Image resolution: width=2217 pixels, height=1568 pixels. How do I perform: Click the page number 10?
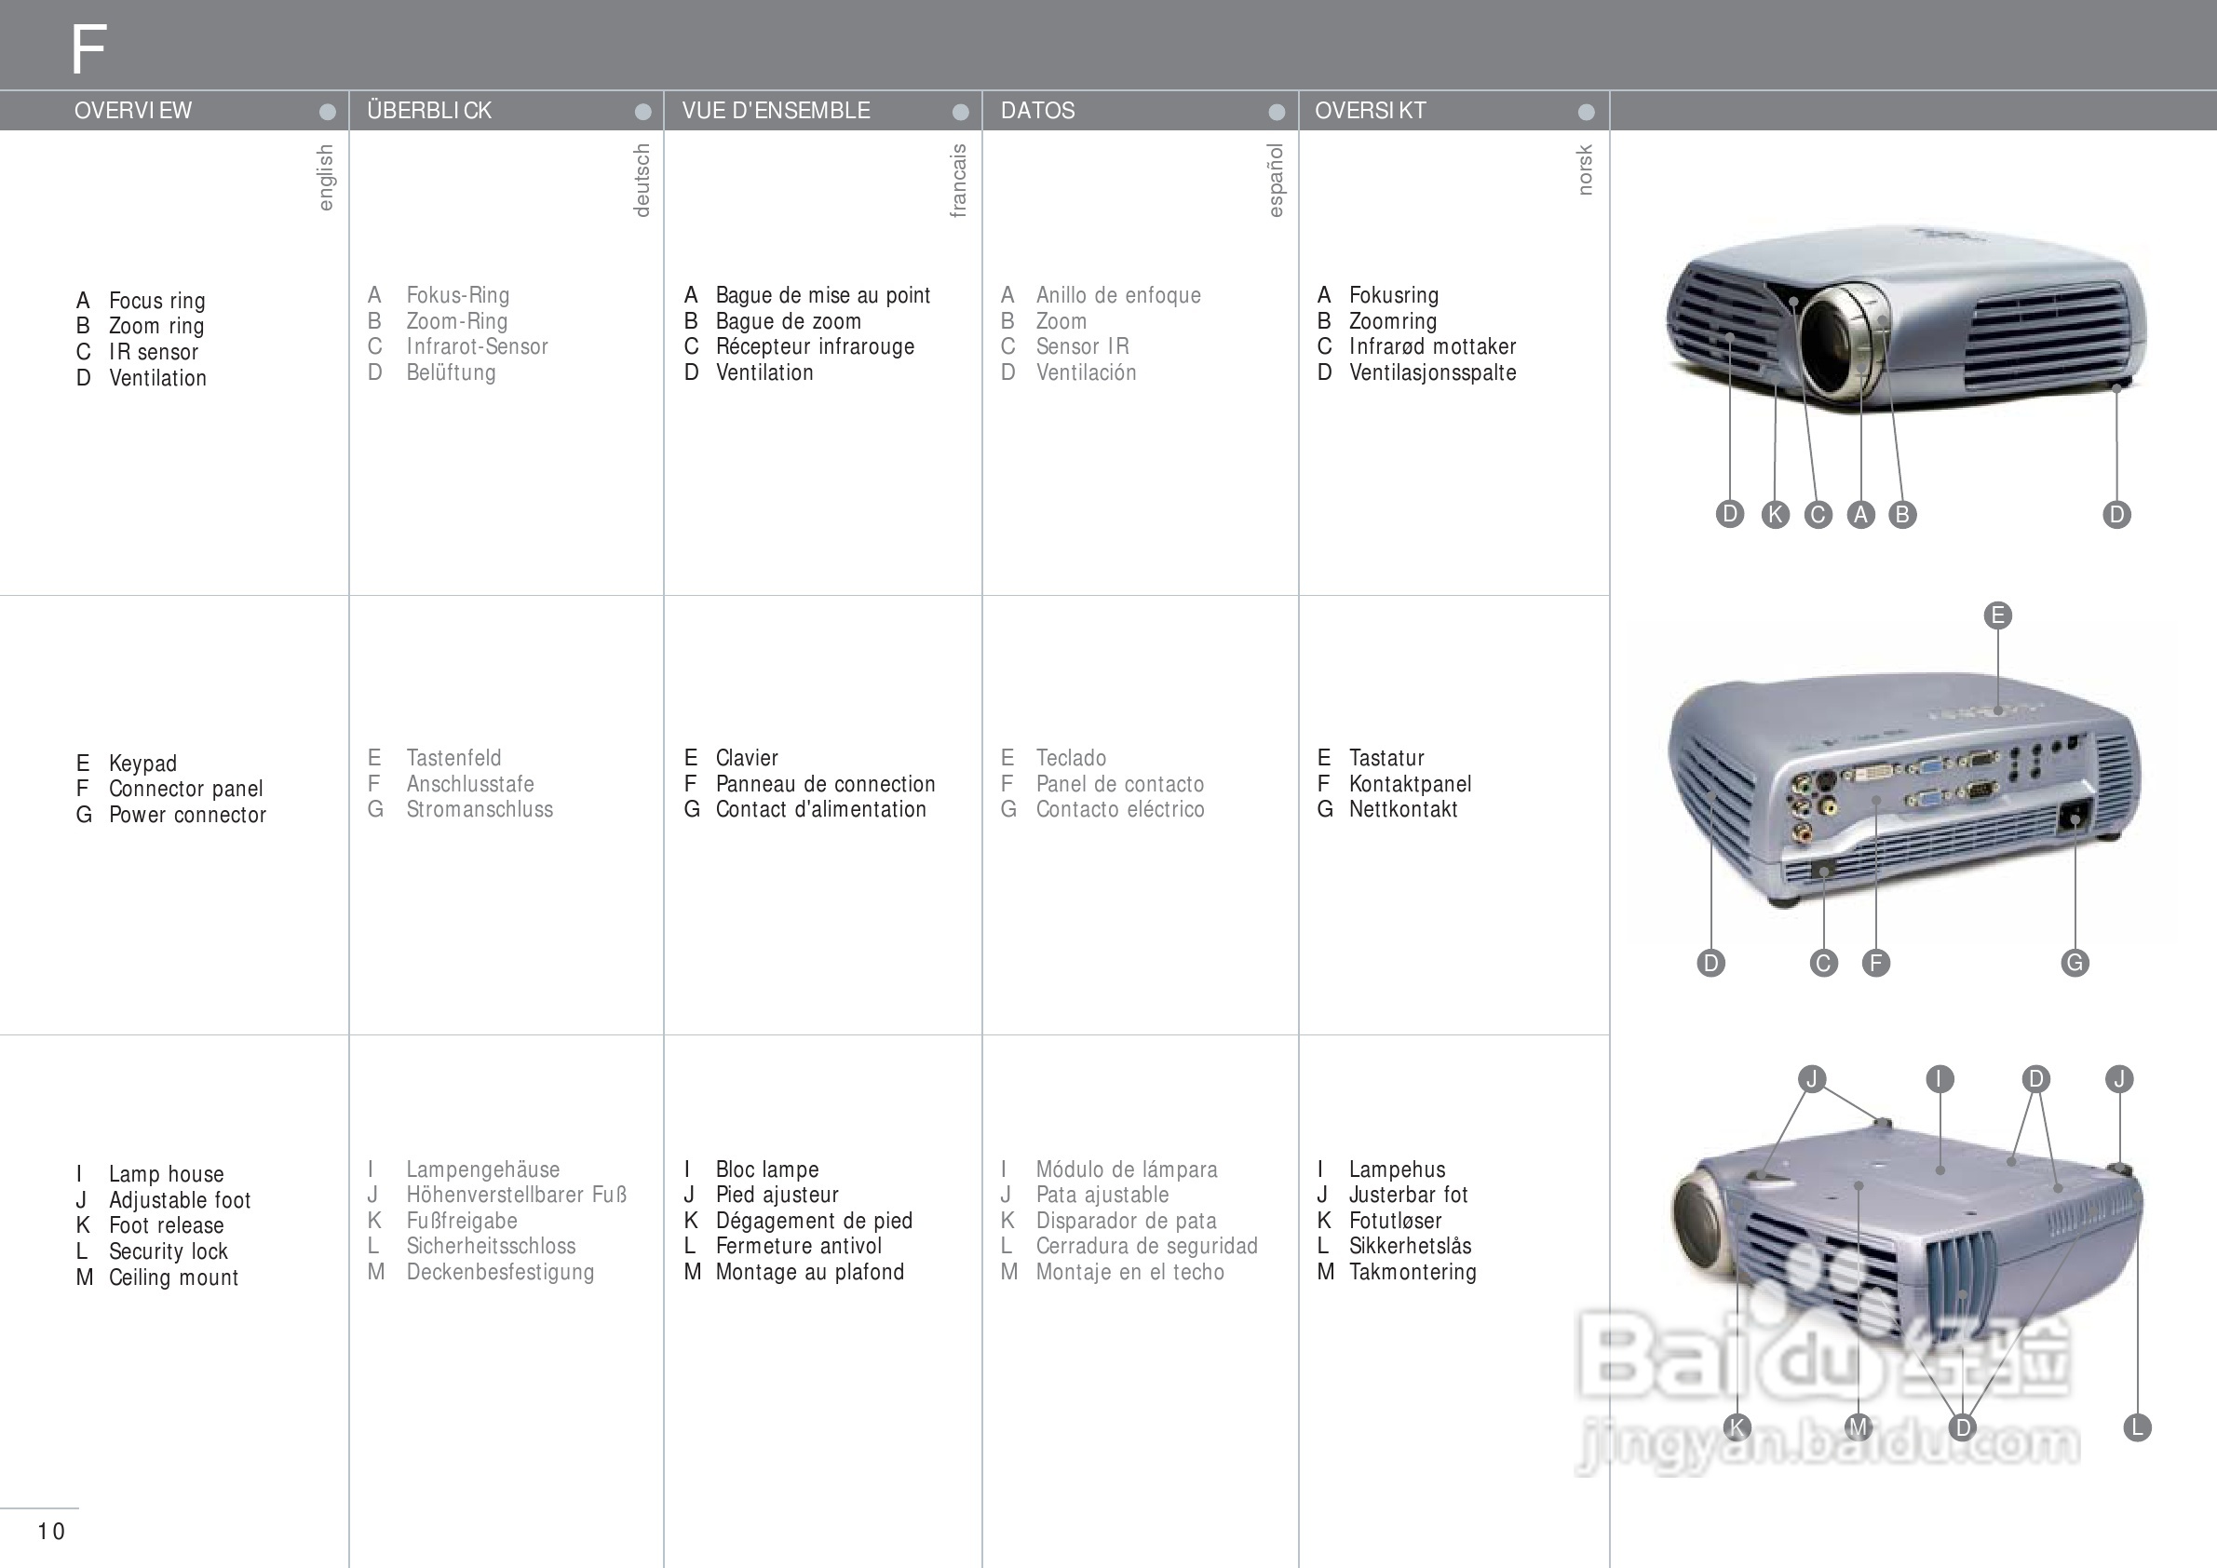(x=51, y=1531)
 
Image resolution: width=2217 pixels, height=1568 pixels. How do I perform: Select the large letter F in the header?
(x=88, y=49)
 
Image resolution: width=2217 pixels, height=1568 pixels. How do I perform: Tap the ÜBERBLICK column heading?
(x=428, y=111)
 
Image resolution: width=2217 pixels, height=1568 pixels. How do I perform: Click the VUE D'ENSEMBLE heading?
(x=776, y=111)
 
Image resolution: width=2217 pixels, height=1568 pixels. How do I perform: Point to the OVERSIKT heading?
(x=1371, y=111)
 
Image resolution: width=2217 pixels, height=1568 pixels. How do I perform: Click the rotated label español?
(x=1276, y=181)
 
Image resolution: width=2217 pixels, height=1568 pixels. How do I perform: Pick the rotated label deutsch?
(x=642, y=181)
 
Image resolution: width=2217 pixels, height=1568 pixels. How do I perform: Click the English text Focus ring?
(x=156, y=300)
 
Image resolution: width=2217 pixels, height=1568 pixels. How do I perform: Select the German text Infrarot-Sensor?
(x=477, y=346)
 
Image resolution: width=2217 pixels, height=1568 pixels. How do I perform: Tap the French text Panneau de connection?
(x=825, y=784)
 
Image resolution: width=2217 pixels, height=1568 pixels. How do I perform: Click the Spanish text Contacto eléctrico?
(x=1120, y=809)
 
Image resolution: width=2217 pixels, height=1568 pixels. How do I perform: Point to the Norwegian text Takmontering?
(x=1413, y=1272)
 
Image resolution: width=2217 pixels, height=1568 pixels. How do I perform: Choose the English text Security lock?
(x=168, y=1251)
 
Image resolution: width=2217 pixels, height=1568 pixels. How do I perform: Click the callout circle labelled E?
(x=1998, y=615)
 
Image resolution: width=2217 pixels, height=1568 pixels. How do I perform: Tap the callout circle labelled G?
(x=2075, y=963)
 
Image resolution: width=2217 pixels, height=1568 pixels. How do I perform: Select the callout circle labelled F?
(x=1876, y=963)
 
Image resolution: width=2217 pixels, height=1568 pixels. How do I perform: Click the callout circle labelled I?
(x=1940, y=1078)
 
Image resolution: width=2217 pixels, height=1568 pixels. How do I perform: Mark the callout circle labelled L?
(x=2137, y=1427)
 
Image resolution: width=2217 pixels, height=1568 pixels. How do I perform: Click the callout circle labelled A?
(x=1860, y=515)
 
